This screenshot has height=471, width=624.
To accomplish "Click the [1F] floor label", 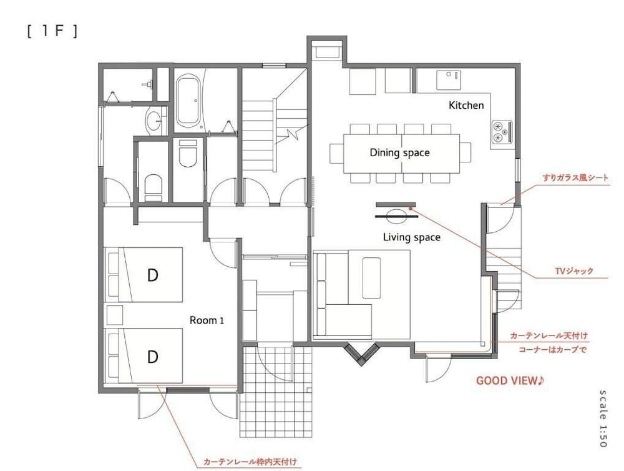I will (52, 32).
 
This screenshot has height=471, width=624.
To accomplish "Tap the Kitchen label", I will (466, 106).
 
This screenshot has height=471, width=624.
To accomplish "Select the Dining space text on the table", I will (399, 152).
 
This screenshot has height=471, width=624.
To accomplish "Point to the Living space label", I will (411, 237).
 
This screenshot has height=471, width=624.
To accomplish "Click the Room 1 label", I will (207, 320).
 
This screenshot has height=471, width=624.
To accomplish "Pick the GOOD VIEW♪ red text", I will (510, 380).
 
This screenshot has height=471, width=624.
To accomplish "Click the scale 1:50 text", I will (602, 418).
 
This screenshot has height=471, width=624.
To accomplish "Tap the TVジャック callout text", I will (573, 272).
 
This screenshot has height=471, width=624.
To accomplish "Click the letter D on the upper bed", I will (152, 275).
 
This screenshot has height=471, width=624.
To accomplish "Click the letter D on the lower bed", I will (152, 357).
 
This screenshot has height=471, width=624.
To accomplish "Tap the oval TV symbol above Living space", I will (396, 217).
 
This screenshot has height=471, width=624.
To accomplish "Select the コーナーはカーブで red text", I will (553, 350).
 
